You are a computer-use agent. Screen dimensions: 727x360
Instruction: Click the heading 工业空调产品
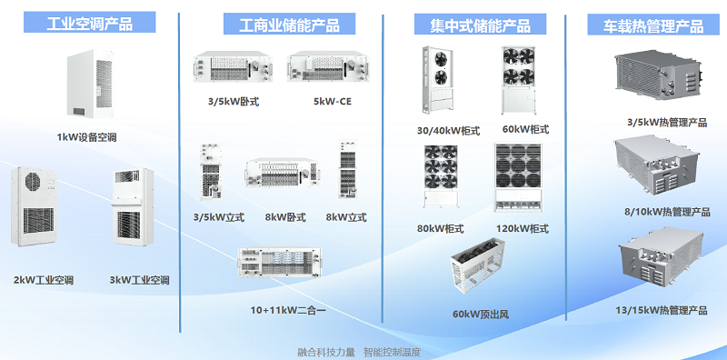[x=89, y=23]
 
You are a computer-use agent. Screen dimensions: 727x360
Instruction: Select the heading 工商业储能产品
[x=289, y=25]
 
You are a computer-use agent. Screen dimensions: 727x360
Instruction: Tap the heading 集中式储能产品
[x=480, y=25]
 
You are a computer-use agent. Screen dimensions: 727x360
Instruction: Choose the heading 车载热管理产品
[x=653, y=25]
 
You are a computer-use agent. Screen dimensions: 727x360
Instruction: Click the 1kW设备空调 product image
[x=90, y=84]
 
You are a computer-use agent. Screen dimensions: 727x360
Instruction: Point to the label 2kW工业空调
[x=44, y=280]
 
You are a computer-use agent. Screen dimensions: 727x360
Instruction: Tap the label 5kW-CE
[x=333, y=100]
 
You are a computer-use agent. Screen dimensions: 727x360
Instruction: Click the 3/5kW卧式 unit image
[x=234, y=68]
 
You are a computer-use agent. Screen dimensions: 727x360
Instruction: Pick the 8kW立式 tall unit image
[x=348, y=169]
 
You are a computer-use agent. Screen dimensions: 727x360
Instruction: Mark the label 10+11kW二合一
[x=288, y=310]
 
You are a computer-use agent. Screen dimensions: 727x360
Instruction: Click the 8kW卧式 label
[x=285, y=217]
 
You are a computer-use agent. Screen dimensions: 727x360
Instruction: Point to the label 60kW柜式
[x=526, y=129]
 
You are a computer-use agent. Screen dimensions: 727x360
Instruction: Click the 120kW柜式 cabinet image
[x=517, y=177]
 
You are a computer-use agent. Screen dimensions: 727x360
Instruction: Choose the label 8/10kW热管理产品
[x=667, y=213]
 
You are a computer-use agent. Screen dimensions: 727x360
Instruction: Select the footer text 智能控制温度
[x=392, y=352]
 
